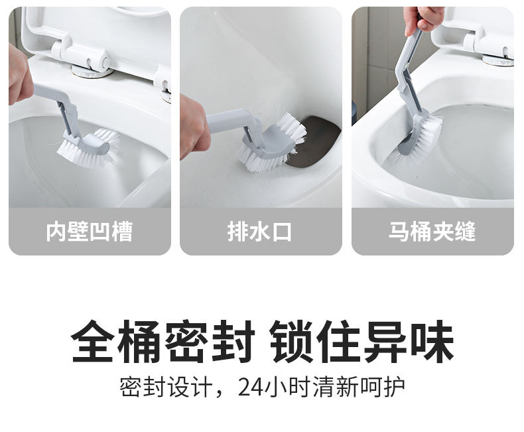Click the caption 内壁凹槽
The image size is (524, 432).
pyautogui.click(x=90, y=232)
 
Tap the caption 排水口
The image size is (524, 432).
pyautogui.click(x=259, y=232)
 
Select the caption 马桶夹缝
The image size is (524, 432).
pyautogui.click(x=432, y=232)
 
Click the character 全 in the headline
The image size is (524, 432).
pyautogui.click(x=93, y=341)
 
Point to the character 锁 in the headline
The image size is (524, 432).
pyautogui.click(x=291, y=341)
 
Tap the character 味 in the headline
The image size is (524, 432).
pyautogui.click(x=432, y=341)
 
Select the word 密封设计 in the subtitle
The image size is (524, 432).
pyautogui.click(x=166, y=387)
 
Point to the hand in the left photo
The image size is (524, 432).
pyautogui.click(x=19, y=75)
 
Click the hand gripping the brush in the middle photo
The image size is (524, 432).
pyautogui.click(x=194, y=127)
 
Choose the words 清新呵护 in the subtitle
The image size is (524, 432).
pyautogui.click(x=359, y=387)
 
